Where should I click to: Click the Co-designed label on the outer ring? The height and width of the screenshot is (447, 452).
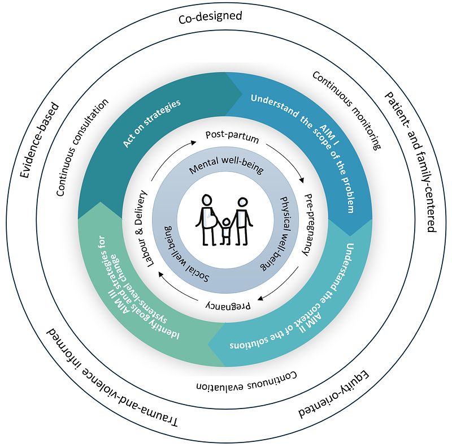[210, 17]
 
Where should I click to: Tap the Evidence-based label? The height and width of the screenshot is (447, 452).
[40, 139]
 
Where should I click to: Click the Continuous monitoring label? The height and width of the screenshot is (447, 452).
[346, 111]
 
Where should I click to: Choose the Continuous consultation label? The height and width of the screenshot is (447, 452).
[82, 148]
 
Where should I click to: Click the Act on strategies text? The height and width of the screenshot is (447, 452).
[151, 123]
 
